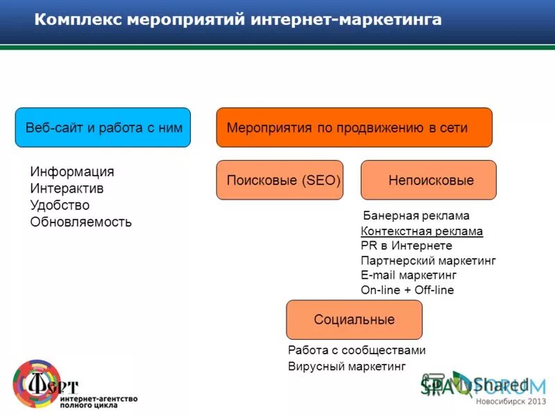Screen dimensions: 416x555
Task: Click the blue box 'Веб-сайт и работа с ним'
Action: pyautogui.click(x=103, y=128)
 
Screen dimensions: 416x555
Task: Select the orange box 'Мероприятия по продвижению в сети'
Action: pyautogui.click(x=354, y=128)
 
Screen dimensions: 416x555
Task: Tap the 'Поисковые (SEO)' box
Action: pyautogui.click(x=280, y=180)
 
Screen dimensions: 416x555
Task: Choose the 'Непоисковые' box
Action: pyautogui.click(x=429, y=180)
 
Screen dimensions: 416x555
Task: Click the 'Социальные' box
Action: pyautogui.click(x=354, y=320)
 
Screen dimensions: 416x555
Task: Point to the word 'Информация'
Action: pyautogui.click(x=72, y=171)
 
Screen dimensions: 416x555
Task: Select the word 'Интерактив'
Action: pyautogui.click(x=67, y=189)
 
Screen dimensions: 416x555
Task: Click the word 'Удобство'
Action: pyautogui.click(x=60, y=205)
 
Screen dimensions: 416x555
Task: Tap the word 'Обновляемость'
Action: pyautogui.click(x=80, y=223)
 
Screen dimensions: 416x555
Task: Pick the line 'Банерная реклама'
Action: pyautogui.click(x=416, y=216)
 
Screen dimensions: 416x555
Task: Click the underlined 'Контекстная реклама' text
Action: pyautogui.click(x=422, y=231)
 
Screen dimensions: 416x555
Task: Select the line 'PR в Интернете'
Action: pyautogui.click(x=407, y=245)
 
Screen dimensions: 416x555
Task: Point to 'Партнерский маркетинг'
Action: pyautogui.click(x=428, y=261)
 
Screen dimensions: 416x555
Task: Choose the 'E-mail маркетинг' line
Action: pyautogui.click(x=409, y=275)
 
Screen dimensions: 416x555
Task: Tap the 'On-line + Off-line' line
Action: pyautogui.click(x=407, y=290)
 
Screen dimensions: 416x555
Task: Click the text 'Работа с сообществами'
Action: pyautogui.click(x=357, y=350)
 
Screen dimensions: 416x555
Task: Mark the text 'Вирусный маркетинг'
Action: pyautogui.click(x=346, y=366)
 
